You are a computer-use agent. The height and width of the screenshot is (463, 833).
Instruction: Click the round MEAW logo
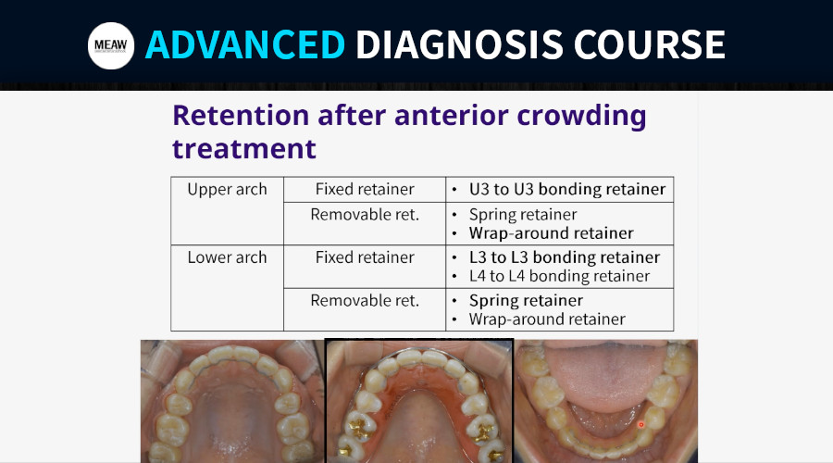tap(111, 45)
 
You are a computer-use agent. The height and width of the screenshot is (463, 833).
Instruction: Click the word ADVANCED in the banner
tap(245, 44)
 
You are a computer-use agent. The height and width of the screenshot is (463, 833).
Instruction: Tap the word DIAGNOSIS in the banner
tap(459, 44)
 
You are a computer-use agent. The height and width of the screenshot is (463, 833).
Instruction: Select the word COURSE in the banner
tap(649, 44)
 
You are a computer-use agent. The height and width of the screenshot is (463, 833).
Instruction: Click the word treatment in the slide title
tap(243, 149)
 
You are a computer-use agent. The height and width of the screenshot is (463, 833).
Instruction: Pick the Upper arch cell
tap(227, 210)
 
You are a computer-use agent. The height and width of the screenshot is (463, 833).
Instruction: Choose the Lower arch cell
tap(227, 288)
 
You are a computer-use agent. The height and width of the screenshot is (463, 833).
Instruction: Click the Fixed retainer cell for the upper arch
tap(365, 189)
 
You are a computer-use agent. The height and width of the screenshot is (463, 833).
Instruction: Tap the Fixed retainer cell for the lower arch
tap(365, 267)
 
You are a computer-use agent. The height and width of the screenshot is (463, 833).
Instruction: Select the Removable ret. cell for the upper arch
tap(365, 223)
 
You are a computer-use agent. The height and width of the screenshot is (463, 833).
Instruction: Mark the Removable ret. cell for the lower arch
tap(365, 309)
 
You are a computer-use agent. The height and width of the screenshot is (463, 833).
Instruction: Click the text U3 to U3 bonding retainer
tap(566, 189)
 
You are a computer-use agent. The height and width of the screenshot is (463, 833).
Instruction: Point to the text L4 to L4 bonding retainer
tap(559, 276)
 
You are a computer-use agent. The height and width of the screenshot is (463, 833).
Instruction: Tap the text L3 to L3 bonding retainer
tap(565, 257)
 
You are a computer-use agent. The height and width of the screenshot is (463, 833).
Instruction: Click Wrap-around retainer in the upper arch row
tap(551, 232)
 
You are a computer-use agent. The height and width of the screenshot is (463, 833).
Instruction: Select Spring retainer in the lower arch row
tap(526, 301)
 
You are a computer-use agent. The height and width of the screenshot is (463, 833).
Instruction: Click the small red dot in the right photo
tap(640, 424)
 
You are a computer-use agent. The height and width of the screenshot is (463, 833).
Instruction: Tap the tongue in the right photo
tap(606, 379)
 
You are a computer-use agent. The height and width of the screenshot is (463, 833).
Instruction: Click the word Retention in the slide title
tap(241, 116)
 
